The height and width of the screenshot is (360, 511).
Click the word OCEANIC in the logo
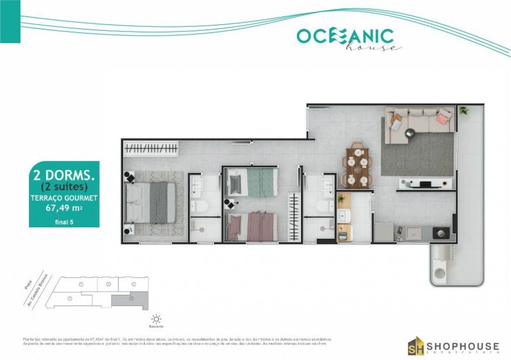pyautogui.click(x=345, y=36)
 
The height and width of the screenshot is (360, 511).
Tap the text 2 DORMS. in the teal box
pyautogui.click(x=64, y=176)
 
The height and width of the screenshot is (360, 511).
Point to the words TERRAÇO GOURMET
pyautogui.click(x=64, y=197)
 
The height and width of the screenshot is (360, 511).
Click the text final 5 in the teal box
pyautogui.click(x=64, y=222)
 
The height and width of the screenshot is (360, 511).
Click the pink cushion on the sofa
pyautogui.click(x=443, y=118)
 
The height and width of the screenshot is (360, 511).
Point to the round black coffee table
pyautogui.click(x=410, y=133)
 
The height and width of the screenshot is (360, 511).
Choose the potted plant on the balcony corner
pyautogui.click(x=464, y=111)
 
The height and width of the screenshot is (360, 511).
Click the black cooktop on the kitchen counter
pyautogui.click(x=441, y=232)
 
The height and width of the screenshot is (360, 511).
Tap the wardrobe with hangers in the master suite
pyautogui.click(x=151, y=149)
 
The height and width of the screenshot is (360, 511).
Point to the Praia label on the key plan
pyautogui.click(x=28, y=285)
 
